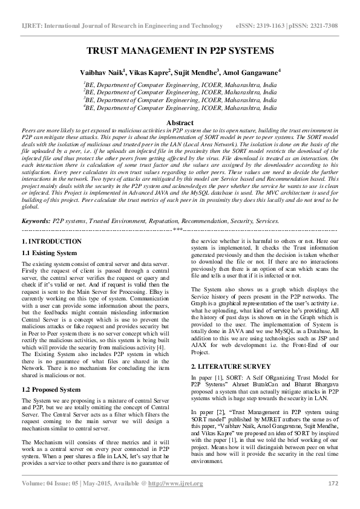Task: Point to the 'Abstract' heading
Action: pyautogui.click(x=180, y=123)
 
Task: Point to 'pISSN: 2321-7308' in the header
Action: pyautogui.click(x=311, y=26)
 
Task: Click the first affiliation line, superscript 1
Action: pyautogui.click(x=180, y=86)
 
